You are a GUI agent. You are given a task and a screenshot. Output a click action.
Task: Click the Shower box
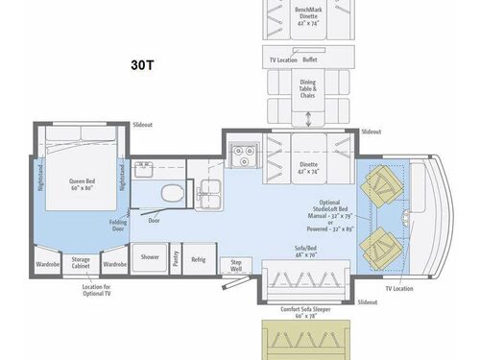pos(151,257)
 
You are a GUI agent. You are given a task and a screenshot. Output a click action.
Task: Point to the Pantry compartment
pos(176,257)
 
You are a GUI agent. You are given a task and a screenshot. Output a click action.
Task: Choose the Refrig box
pos(199,258)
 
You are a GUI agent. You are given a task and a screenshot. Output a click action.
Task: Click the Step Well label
pos(233,265)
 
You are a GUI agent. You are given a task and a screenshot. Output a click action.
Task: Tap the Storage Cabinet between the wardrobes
pos(81,263)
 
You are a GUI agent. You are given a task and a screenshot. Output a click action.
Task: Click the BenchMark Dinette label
pos(306,16)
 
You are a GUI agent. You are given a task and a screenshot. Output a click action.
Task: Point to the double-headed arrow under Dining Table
pos(308,120)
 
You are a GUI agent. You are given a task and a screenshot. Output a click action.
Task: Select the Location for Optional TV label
pos(97,292)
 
